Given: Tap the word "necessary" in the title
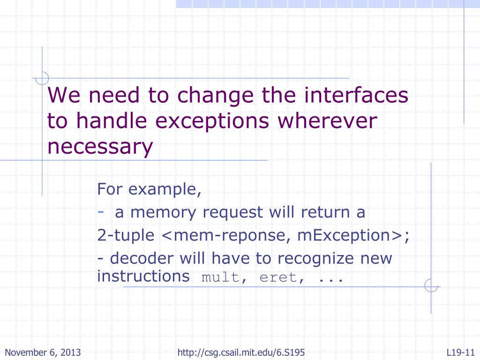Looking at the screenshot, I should pyautogui.click(x=100, y=147).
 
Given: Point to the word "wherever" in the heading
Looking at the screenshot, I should pyautogui.click(x=327, y=121).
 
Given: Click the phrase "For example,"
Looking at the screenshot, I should pyautogui.click(x=150, y=189).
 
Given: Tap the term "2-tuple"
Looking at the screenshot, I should pyautogui.click(x=126, y=235).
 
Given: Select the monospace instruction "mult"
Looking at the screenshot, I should pyautogui.click(x=220, y=277).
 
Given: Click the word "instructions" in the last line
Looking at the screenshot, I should pyautogui.click(x=143, y=276).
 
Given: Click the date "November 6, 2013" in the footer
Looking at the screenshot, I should pyautogui.click(x=43, y=352).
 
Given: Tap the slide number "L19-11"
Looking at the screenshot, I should pyautogui.click(x=461, y=352).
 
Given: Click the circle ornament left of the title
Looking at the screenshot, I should pyautogui.click(x=43, y=78).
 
